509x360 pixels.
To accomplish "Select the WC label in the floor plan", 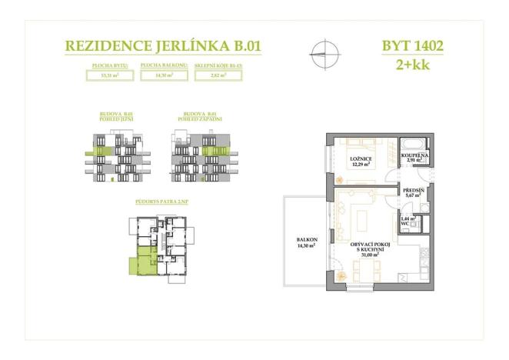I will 408,222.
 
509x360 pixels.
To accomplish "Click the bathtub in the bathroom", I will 411,145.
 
